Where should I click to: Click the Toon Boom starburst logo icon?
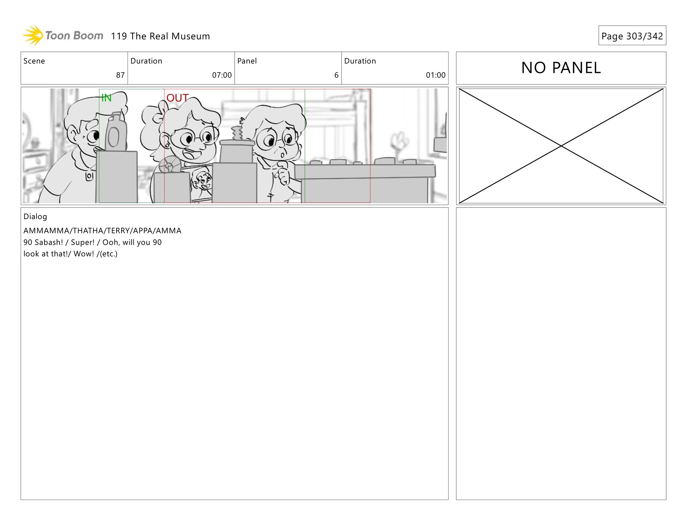pos(33,35)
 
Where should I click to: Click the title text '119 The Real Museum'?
pos(160,36)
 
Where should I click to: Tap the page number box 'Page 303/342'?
pos(632,35)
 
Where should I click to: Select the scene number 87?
pos(120,75)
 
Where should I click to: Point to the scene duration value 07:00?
pos(222,75)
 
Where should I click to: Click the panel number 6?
pos(336,75)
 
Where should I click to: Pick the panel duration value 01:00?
pos(436,75)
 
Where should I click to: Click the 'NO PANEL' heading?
pos(561,68)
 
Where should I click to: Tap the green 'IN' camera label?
pos(106,98)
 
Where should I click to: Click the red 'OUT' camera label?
pos(177,98)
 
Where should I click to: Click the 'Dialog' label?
pos(35,216)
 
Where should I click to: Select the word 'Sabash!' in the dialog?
pos(49,242)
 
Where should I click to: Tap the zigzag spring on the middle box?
pos(237,133)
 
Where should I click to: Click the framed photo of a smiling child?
pos(201,182)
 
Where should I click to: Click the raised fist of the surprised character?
pos(283,175)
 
